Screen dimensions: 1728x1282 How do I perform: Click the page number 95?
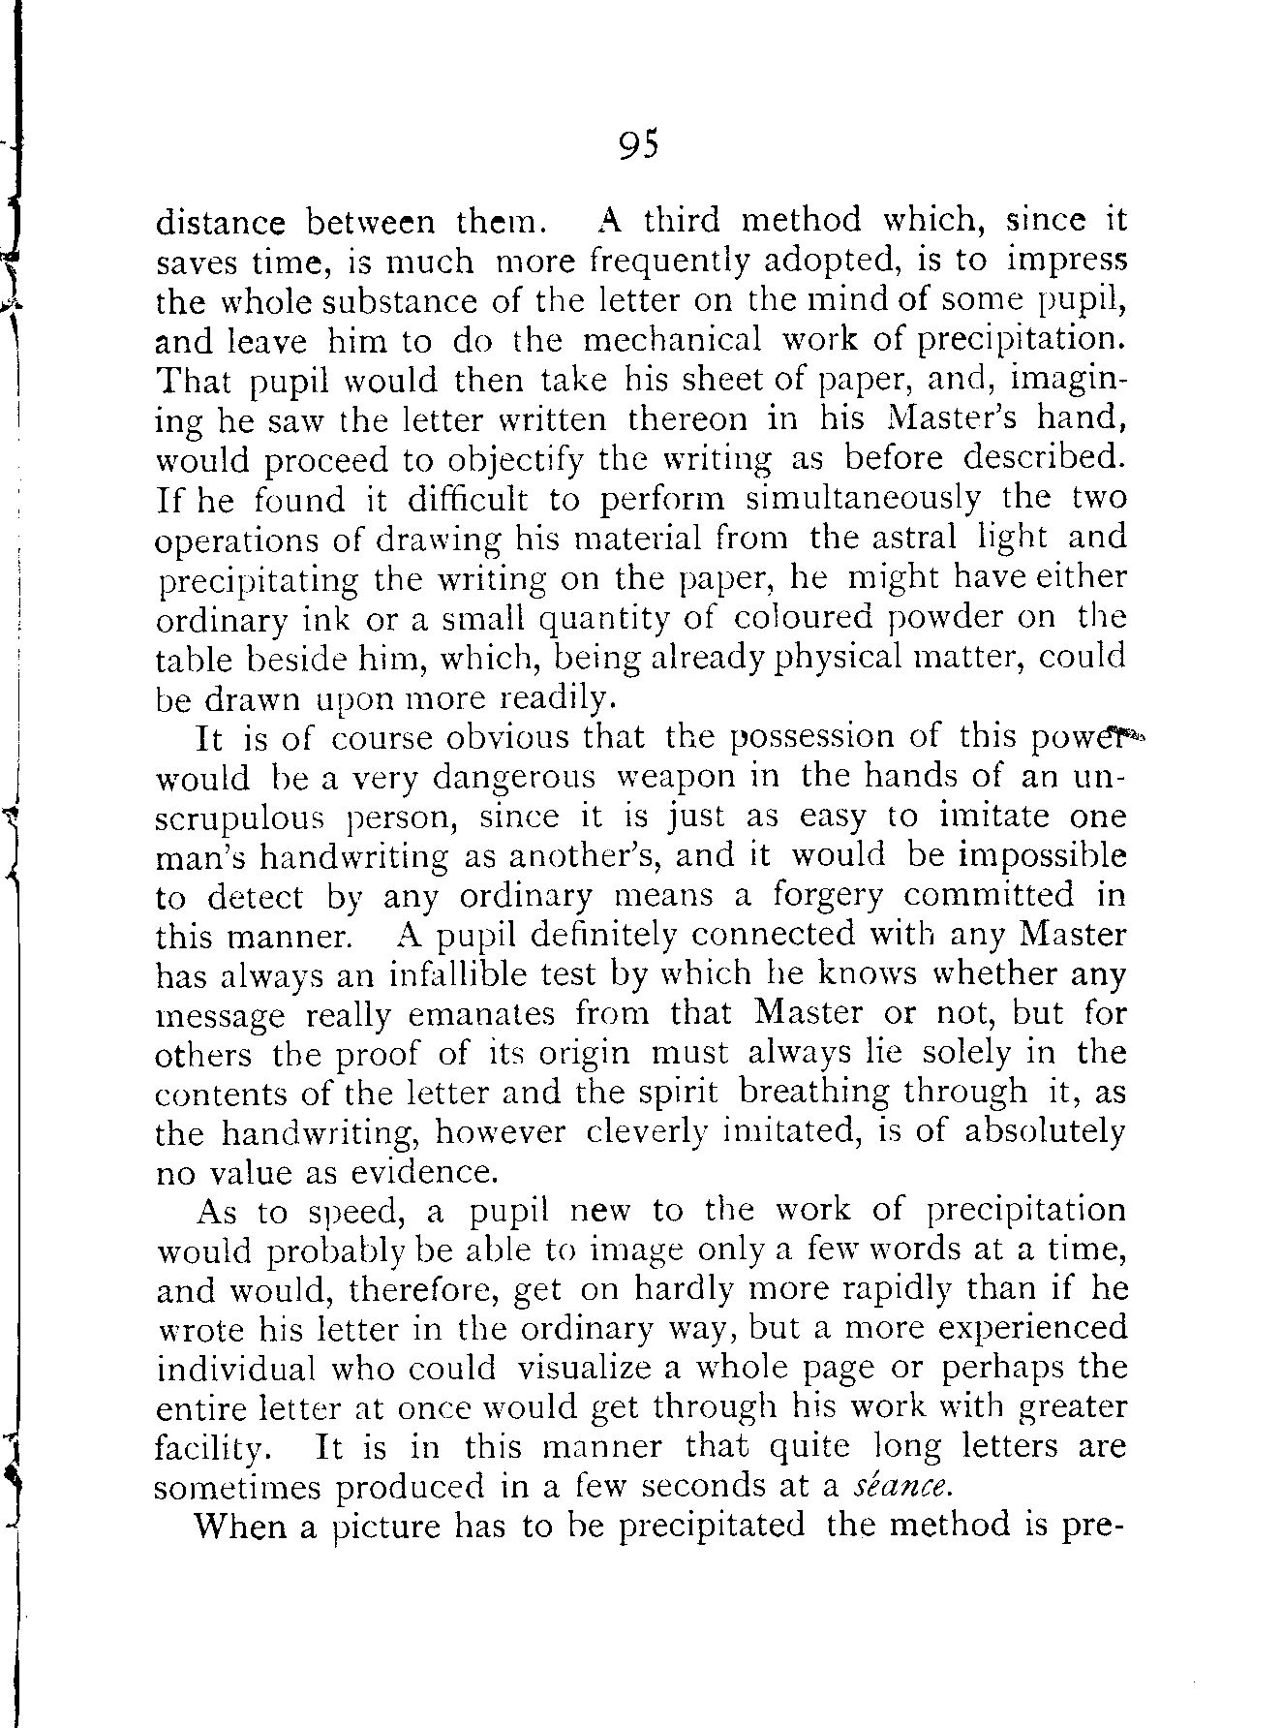click(x=638, y=145)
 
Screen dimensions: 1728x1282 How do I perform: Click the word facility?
click(x=210, y=1449)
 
